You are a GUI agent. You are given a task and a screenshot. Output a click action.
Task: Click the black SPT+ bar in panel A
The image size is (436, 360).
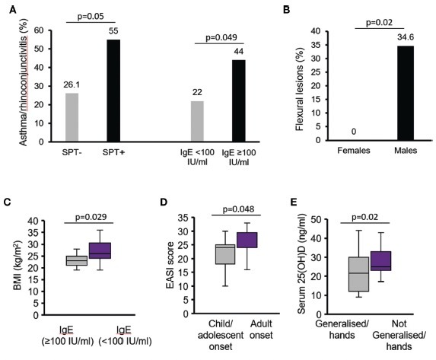point(113,91)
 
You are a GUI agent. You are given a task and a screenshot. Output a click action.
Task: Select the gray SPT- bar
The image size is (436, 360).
point(72,117)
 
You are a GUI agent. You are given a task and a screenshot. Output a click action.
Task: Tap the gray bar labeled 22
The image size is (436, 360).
point(197,121)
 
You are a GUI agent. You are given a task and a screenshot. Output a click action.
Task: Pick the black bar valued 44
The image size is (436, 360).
point(239,101)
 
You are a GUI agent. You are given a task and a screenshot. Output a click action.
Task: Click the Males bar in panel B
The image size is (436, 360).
point(406,93)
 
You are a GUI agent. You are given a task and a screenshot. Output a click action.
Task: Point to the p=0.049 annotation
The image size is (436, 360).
point(221,37)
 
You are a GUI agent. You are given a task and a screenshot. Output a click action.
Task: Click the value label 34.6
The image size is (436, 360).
point(406,37)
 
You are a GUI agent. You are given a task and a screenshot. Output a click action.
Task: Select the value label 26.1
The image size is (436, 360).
point(72,84)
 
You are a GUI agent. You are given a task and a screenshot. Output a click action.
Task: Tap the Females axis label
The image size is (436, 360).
point(354,151)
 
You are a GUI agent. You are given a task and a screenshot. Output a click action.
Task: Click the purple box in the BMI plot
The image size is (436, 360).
point(100,250)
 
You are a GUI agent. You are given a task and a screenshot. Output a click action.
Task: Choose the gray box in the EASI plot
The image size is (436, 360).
point(225,254)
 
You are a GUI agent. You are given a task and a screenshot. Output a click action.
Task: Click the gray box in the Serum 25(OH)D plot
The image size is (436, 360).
point(358,274)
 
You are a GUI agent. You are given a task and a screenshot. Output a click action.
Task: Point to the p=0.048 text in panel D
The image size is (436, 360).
point(238,209)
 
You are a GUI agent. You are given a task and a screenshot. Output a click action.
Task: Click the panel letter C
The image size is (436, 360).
point(8,202)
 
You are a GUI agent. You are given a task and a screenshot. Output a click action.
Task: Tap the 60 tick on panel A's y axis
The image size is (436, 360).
point(39,30)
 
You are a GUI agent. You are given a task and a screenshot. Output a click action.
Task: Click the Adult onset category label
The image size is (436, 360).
point(261,330)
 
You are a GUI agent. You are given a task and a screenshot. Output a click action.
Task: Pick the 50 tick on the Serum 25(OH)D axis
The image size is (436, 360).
point(316,219)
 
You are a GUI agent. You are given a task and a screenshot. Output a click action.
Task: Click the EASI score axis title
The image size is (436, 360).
point(170,265)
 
